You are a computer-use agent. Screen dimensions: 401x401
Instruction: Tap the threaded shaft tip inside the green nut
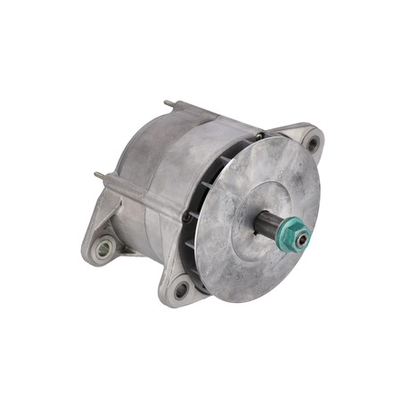(x=301, y=239)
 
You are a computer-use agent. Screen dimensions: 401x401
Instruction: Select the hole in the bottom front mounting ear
(x=181, y=288)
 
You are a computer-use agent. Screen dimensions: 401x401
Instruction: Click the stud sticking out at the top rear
(x=168, y=106)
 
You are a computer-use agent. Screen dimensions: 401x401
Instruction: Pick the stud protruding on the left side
(x=98, y=177)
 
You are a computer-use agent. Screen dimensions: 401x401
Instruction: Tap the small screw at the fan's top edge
(x=259, y=136)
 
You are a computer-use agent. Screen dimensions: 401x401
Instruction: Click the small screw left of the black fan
(x=186, y=217)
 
